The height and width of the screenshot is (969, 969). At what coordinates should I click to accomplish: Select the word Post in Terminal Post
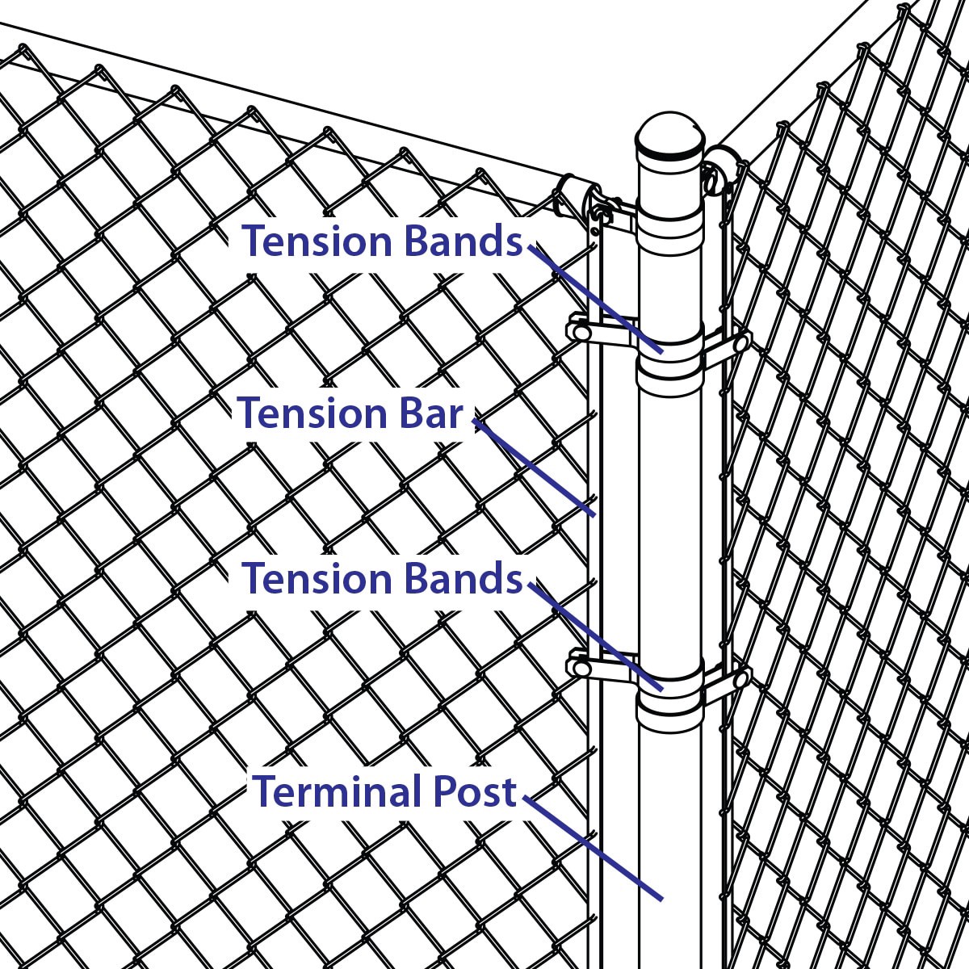475,791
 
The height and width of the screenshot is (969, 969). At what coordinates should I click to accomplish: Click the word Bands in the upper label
464,241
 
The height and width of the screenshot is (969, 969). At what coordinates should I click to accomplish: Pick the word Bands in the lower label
464,578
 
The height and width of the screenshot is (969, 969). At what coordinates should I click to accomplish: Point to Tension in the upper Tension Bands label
317,241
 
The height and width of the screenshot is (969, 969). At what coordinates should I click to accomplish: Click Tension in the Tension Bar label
312,413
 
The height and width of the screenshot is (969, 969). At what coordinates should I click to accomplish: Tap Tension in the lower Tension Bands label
317,578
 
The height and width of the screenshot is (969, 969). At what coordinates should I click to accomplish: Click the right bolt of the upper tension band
740,344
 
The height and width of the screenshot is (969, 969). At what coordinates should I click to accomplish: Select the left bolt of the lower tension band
581,669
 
